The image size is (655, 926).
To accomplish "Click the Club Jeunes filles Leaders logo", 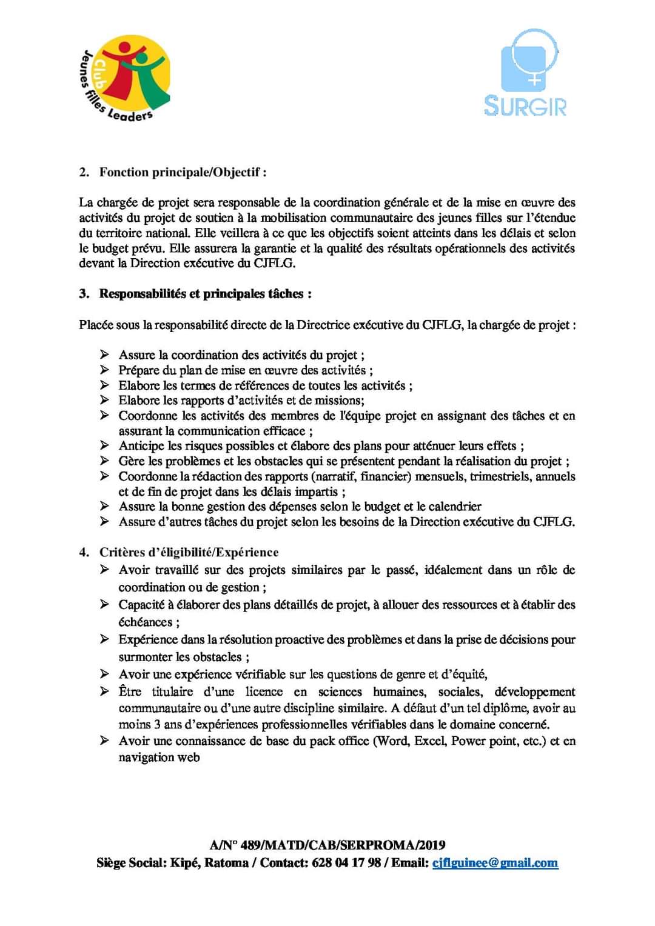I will (126, 78).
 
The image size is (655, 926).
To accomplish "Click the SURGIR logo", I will (526, 73).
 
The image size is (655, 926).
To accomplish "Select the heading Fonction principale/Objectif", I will (183, 172).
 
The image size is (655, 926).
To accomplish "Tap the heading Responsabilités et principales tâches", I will (205, 294).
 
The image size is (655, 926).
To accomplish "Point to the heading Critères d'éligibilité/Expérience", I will (189, 552).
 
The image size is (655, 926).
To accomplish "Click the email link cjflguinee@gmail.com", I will (495, 863).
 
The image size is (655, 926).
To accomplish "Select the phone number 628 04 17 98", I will (346, 863).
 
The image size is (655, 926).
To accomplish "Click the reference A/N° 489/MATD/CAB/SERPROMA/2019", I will (327, 845).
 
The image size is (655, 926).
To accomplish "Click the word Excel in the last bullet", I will (429, 741).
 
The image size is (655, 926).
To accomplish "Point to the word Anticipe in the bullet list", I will (141, 446).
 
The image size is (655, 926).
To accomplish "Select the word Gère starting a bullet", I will (132, 461).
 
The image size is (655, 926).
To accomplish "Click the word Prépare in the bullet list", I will (138, 370).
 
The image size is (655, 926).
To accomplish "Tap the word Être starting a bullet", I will (130, 691).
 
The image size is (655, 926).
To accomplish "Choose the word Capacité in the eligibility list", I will (141, 605).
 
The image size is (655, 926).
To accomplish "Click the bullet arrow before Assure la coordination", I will (105, 355).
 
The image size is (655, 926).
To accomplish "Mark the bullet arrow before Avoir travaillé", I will (105, 570).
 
